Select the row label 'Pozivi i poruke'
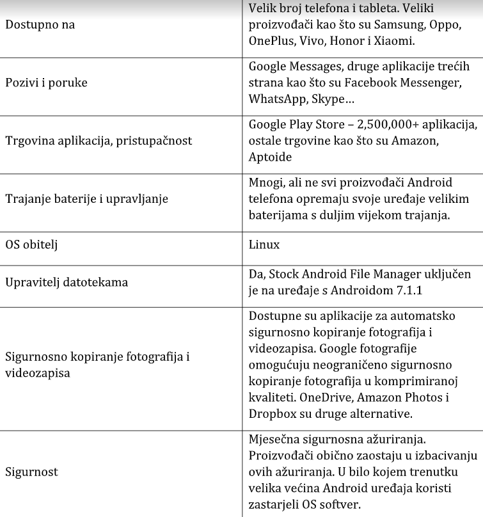tap(46, 83)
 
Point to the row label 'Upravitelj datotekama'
tap(67, 282)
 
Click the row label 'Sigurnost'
tap(31, 472)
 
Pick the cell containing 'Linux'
tap(264, 245)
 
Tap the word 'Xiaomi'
tap(392, 41)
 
